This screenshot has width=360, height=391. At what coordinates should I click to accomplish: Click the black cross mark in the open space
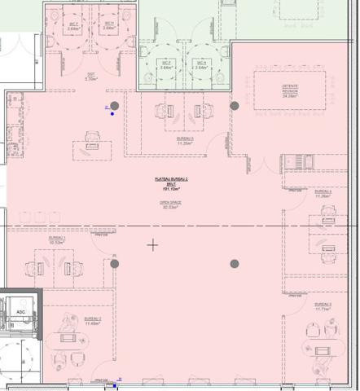(x=152, y=244)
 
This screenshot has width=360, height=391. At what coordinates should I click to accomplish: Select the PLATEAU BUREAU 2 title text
(x=172, y=178)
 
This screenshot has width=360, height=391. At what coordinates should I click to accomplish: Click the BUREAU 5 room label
(x=185, y=139)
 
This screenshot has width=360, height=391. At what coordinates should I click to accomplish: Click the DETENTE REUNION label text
(x=289, y=89)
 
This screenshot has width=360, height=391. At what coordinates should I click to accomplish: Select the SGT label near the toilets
(x=91, y=76)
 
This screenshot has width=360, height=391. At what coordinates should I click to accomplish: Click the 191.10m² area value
(x=172, y=187)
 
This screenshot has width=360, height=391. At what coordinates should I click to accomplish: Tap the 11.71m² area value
(x=323, y=310)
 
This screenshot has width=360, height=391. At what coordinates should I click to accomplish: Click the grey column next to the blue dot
(x=115, y=106)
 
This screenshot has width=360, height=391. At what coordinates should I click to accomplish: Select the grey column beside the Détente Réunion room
(x=235, y=106)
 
